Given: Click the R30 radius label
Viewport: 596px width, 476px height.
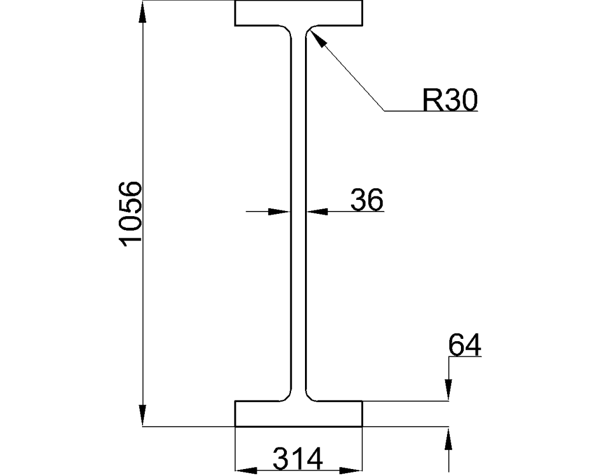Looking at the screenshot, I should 450,100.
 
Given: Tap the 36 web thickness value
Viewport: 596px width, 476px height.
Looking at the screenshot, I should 367,201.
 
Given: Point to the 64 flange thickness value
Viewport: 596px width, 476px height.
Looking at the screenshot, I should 464,346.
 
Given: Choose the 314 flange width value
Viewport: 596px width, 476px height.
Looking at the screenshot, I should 298,460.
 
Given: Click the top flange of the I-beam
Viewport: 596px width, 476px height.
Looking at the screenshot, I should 299,13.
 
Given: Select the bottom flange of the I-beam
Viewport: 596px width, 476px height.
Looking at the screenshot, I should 299,414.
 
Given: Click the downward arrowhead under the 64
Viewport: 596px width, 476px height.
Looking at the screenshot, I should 449,390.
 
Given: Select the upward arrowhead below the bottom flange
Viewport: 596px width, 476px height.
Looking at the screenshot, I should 449,438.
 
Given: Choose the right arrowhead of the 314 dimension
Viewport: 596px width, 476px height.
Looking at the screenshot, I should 352,470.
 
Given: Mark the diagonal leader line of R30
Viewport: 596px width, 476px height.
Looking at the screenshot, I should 349,72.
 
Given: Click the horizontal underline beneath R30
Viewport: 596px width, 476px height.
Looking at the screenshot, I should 431,110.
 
